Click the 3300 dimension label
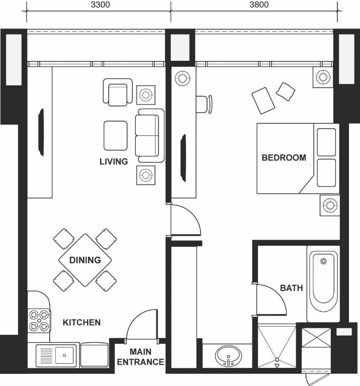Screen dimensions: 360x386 (x=100, y=5)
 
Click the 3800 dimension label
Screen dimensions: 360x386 (x=259, y=5)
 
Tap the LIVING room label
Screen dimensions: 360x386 (x=114, y=161)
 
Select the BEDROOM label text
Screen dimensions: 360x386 (x=284, y=157)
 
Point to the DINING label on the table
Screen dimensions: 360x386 (x=85, y=260)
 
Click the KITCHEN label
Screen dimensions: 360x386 (x=82, y=323)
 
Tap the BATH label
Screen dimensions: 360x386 (x=292, y=288)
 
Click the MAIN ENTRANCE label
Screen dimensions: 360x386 (x=140, y=357)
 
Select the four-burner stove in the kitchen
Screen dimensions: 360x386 (x=39, y=321)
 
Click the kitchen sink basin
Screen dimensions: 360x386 (x=64, y=355)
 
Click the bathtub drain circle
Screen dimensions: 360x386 (x=324, y=261)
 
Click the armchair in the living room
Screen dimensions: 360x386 (x=118, y=92)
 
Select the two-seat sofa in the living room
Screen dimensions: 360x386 (x=149, y=136)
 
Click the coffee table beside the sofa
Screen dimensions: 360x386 (x=116, y=136)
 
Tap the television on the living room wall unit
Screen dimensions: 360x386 (x=41, y=132)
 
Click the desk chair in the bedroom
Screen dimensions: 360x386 (x=204, y=104)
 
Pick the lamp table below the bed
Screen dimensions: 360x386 (x=330, y=205)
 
